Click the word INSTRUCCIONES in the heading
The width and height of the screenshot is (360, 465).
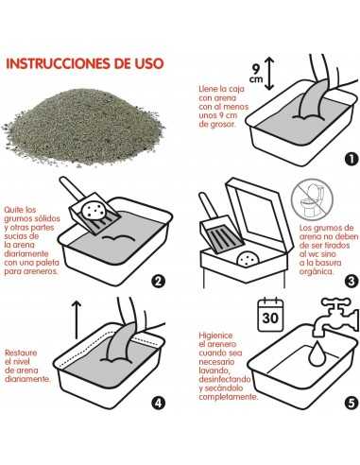[x=59, y=63]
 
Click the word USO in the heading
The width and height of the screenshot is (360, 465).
[x=149, y=63]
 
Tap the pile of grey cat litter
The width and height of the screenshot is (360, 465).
[x=83, y=127]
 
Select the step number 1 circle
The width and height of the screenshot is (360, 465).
[x=351, y=159]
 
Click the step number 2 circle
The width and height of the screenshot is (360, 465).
[x=158, y=281]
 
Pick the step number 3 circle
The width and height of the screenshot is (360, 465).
[x=351, y=281]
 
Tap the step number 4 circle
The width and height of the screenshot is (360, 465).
[x=158, y=403]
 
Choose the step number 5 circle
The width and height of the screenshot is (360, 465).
[x=351, y=403]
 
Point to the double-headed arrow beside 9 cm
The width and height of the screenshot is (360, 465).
[x=268, y=74]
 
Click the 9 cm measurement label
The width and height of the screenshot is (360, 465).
[x=256, y=74]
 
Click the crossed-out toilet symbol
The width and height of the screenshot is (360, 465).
[x=312, y=199]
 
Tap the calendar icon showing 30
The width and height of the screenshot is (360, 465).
[x=270, y=315]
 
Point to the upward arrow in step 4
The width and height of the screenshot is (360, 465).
[x=77, y=319]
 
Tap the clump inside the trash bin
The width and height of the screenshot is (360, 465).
[x=249, y=259]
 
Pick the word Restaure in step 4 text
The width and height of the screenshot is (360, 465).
[x=21, y=353]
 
